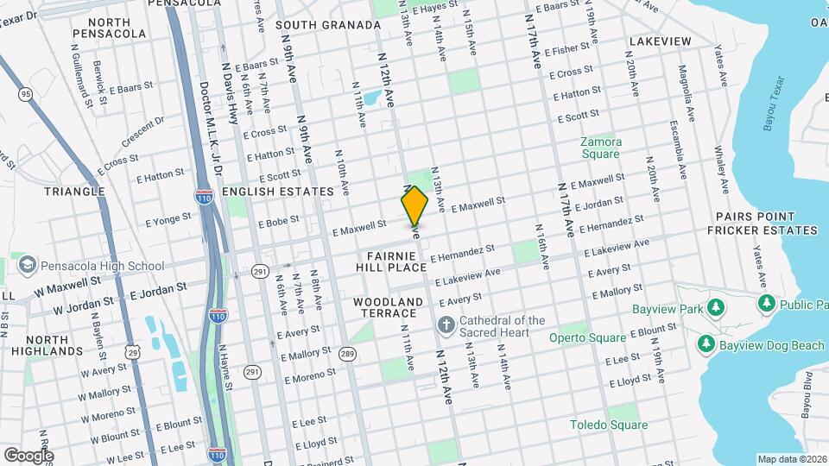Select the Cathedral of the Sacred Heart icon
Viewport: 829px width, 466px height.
[x=446, y=325]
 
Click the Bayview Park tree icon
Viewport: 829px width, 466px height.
[x=715, y=307]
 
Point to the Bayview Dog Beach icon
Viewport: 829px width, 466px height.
[x=706, y=345]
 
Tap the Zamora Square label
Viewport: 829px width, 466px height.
[x=600, y=148]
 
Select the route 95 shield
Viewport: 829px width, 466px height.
[x=26, y=93]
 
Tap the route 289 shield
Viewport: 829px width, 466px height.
[x=347, y=354]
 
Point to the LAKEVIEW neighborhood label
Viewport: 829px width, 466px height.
[x=660, y=41]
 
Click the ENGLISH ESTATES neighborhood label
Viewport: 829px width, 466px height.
[x=277, y=192]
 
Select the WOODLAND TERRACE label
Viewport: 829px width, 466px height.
[x=389, y=307]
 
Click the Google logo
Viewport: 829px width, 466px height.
[x=28, y=455]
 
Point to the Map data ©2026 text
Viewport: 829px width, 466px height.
[x=791, y=459]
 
